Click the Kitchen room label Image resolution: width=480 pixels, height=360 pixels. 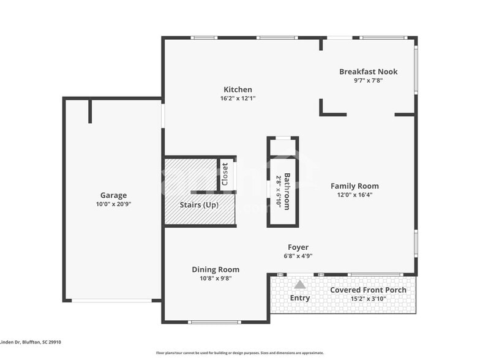[x=238, y=89]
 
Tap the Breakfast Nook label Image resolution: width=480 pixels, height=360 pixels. [x=368, y=72]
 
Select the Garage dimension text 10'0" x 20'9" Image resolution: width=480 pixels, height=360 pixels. [x=113, y=204]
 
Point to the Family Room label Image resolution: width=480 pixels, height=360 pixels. [x=354, y=186]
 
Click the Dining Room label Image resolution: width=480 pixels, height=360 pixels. [x=216, y=269]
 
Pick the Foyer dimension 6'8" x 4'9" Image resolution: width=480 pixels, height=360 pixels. [x=298, y=256]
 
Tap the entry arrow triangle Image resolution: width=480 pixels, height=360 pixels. [x=299, y=285]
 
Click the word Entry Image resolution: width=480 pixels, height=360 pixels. [x=299, y=298]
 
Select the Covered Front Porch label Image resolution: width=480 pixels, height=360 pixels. [x=368, y=290]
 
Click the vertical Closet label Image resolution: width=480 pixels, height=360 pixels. [x=225, y=174]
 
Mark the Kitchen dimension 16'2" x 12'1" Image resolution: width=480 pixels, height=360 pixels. [x=238, y=98]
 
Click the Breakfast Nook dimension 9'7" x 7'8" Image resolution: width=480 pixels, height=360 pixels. [x=368, y=80]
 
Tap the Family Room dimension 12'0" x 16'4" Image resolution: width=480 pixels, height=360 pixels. [x=354, y=195]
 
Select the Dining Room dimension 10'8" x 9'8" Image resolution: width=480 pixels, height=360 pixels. [x=216, y=278]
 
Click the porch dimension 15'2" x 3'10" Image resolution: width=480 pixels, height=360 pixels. [x=368, y=299]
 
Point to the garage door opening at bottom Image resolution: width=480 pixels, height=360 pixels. [x=111, y=300]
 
